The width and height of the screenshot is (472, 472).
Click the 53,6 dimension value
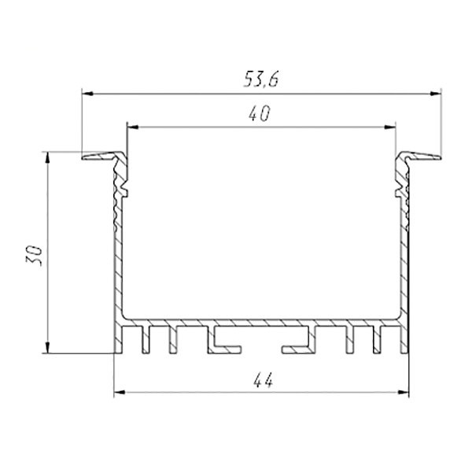point(261,79)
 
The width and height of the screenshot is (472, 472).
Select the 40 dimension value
point(260,113)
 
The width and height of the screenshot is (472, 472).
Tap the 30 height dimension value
point(34,256)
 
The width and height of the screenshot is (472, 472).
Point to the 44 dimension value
point(263,380)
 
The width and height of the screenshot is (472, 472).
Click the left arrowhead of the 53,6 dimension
point(87,94)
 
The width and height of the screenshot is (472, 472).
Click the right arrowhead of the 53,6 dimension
point(436,94)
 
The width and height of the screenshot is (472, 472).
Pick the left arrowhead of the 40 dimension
point(132,127)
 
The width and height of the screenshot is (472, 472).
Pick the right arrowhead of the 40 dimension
point(390,127)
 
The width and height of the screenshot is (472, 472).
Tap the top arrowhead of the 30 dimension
point(47,158)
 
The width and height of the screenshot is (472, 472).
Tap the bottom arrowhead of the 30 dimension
point(47,348)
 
